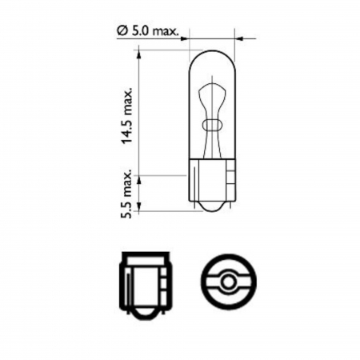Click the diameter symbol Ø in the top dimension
click(x=122, y=30)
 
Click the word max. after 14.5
click(x=127, y=98)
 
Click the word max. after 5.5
click(x=127, y=180)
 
